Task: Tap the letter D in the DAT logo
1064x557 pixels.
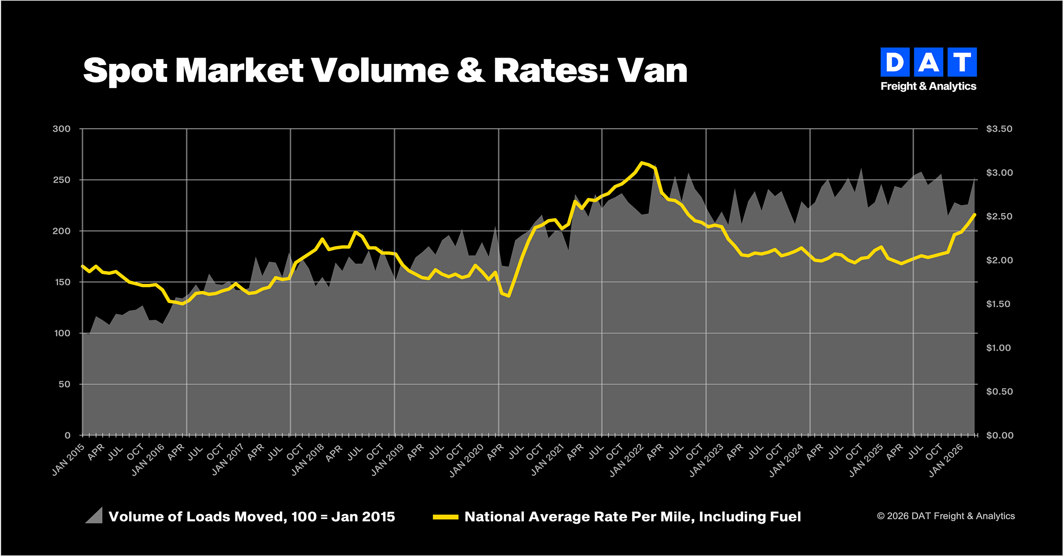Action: [895, 62]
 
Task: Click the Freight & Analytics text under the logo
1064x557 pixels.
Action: [928, 86]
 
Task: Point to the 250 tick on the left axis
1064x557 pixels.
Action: [62, 180]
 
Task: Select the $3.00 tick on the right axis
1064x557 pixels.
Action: [999, 173]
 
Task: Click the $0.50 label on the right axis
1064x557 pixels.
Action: [999, 392]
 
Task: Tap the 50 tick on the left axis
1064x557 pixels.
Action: [64, 384]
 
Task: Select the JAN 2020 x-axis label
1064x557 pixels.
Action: [466, 460]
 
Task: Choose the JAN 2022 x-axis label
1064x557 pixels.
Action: [626, 460]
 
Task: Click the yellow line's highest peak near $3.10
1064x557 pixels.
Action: [642, 163]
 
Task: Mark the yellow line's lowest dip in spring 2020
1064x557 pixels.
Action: [509, 296]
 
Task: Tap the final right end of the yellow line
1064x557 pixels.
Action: [974, 215]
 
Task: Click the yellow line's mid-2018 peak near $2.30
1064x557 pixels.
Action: [355, 232]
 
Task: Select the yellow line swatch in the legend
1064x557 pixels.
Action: [445, 517]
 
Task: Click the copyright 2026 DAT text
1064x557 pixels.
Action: [946, 516]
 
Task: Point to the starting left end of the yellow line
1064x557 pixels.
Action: [82, 266]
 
